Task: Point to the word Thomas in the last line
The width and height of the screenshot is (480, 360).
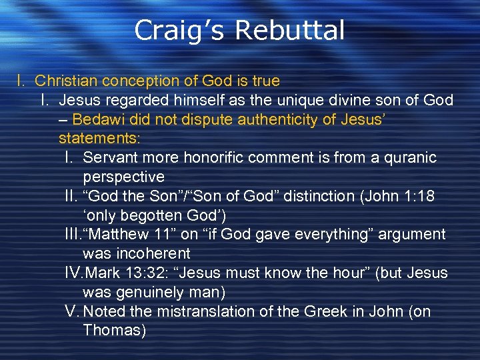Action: click(114, 331)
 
